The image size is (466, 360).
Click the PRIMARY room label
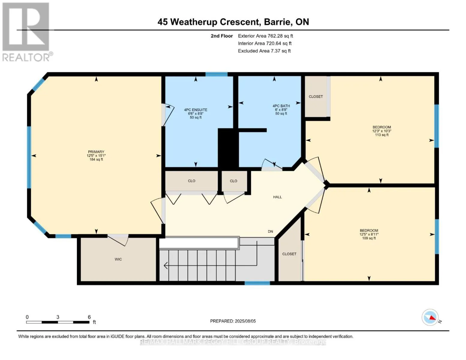coord(96,151)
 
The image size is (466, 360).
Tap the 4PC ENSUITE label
coord(196,110)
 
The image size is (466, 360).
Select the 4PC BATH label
coord(281,106)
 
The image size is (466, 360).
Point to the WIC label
coord(118,259)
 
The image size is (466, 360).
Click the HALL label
coord(277,197)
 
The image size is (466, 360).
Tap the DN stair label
coord(270,231)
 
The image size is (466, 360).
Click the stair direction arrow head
coord(166,266)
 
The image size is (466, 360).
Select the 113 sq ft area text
coord(381,135)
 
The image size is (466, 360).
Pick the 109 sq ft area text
coord(369,238)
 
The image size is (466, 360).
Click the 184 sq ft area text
coord(96,159)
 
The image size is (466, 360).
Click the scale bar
coord(58,322)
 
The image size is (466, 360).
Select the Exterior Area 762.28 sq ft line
coord(266,36)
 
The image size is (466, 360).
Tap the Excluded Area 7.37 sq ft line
coord(264,51)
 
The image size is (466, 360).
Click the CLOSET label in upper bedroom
coord(316,97)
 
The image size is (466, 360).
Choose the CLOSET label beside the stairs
coord(289,254)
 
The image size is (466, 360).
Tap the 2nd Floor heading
coord(222,36)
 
